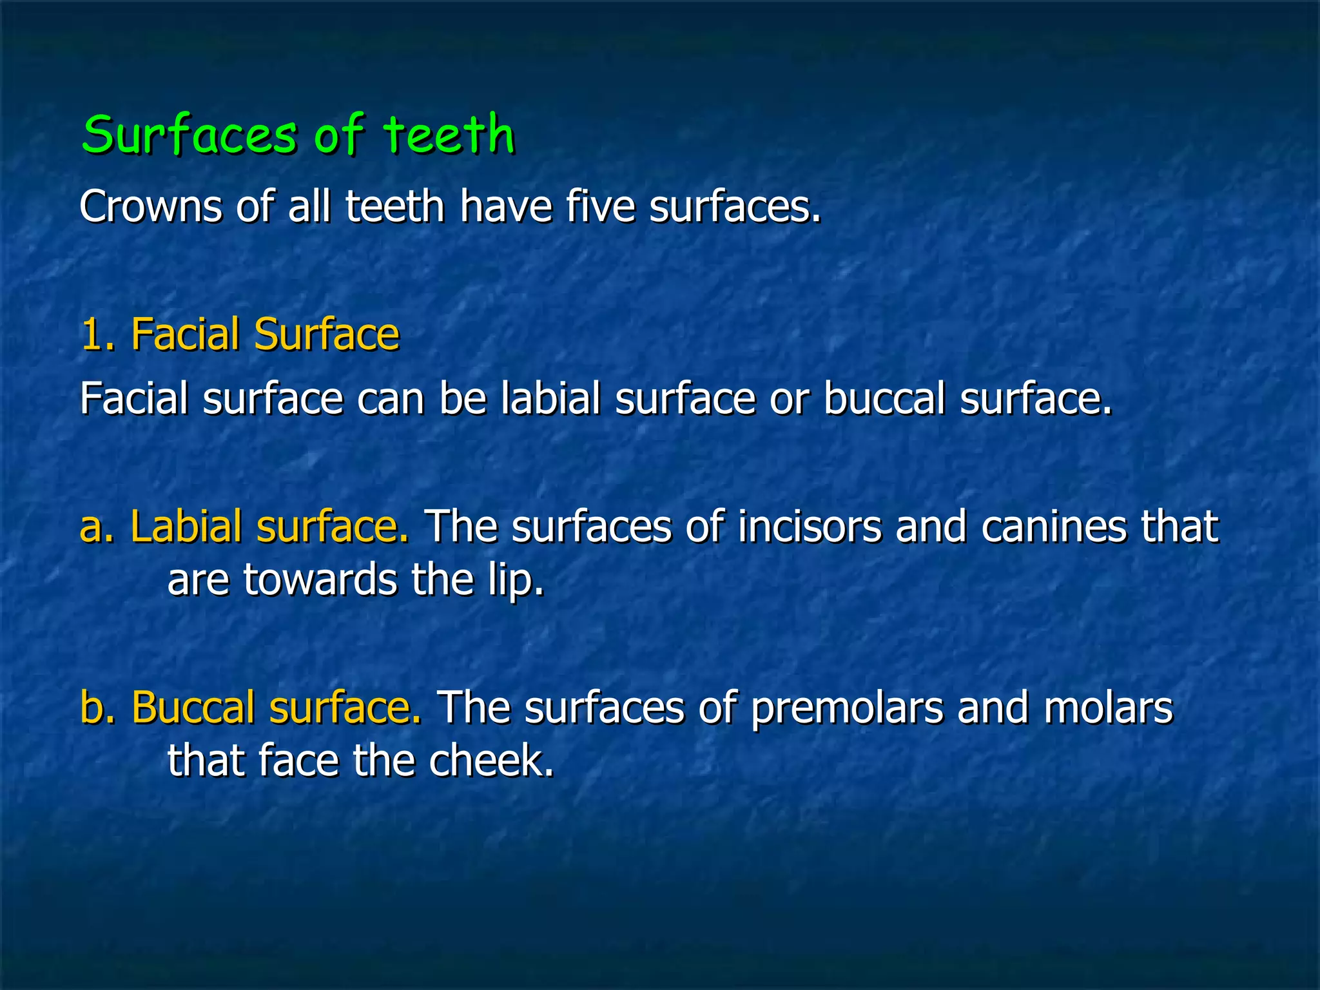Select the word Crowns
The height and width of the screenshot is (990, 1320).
pos(150,207)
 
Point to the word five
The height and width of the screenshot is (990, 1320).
pos(600,207)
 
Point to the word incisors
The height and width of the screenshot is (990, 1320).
pos(810,527)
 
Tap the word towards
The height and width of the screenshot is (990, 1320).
pos(320,579)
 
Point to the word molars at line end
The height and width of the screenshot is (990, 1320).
pos(1108,707)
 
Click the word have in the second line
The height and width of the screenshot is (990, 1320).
pos(506,207)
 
